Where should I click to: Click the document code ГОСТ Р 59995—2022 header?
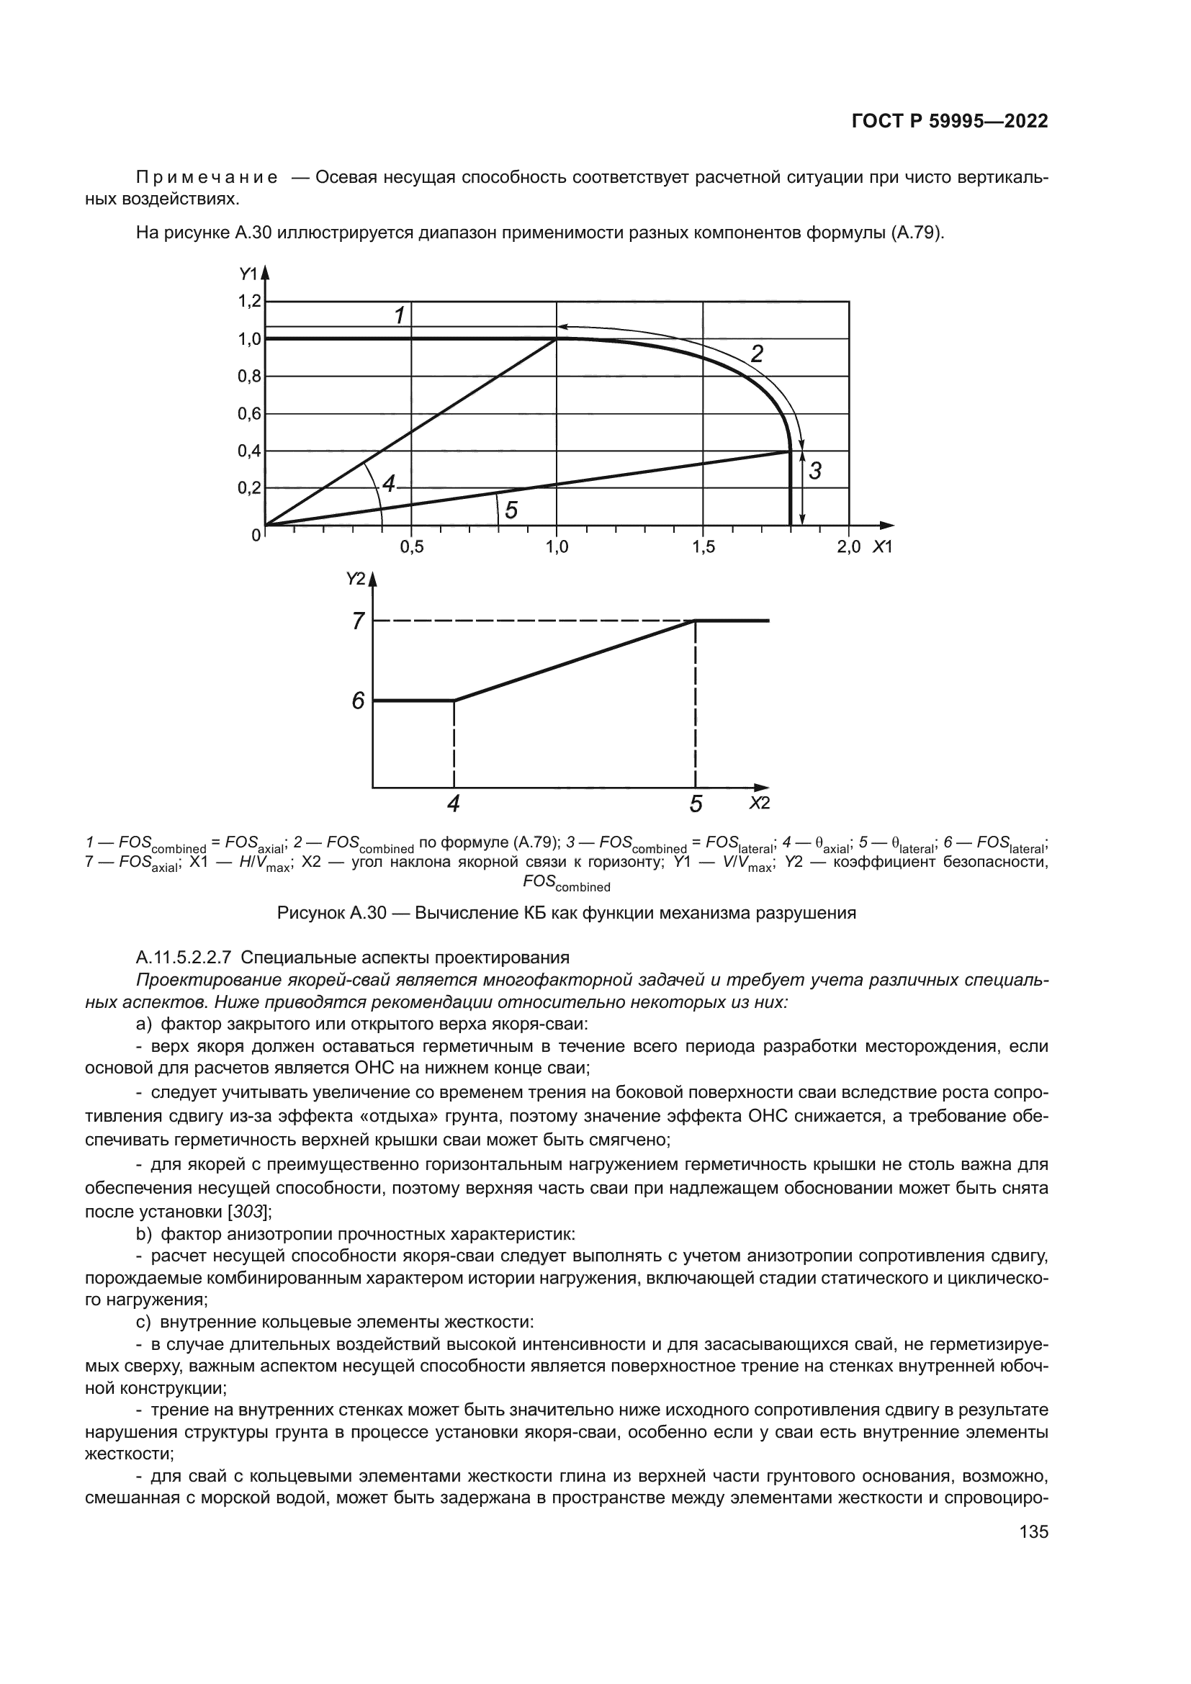pyautogui.click(x=949, y=122)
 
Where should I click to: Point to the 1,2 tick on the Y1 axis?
pyautogui.click(x=249, y=301)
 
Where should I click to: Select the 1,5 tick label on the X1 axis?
pyautogui.click(x=703, y=547)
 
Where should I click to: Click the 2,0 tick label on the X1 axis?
pyautogui.click(x=848, y=547)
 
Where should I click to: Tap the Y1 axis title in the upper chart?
pyautogui.click(x=248, y=274)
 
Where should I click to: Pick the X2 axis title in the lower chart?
pyautogui.click(x=759, y=803)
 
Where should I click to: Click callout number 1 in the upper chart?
pyautogui.click(x=400, y=316)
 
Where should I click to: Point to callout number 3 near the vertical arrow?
pyautogui.click(x=815, y=472)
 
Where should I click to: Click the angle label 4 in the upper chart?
pyautogui.click(x=389, y=483)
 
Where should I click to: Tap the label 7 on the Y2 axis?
pyautogui.click(x=358, y=621)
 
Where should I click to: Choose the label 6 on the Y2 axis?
pyautogui.click(x=358, y=702)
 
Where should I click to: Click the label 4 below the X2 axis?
pyautogui.click(x=454, y=804)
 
